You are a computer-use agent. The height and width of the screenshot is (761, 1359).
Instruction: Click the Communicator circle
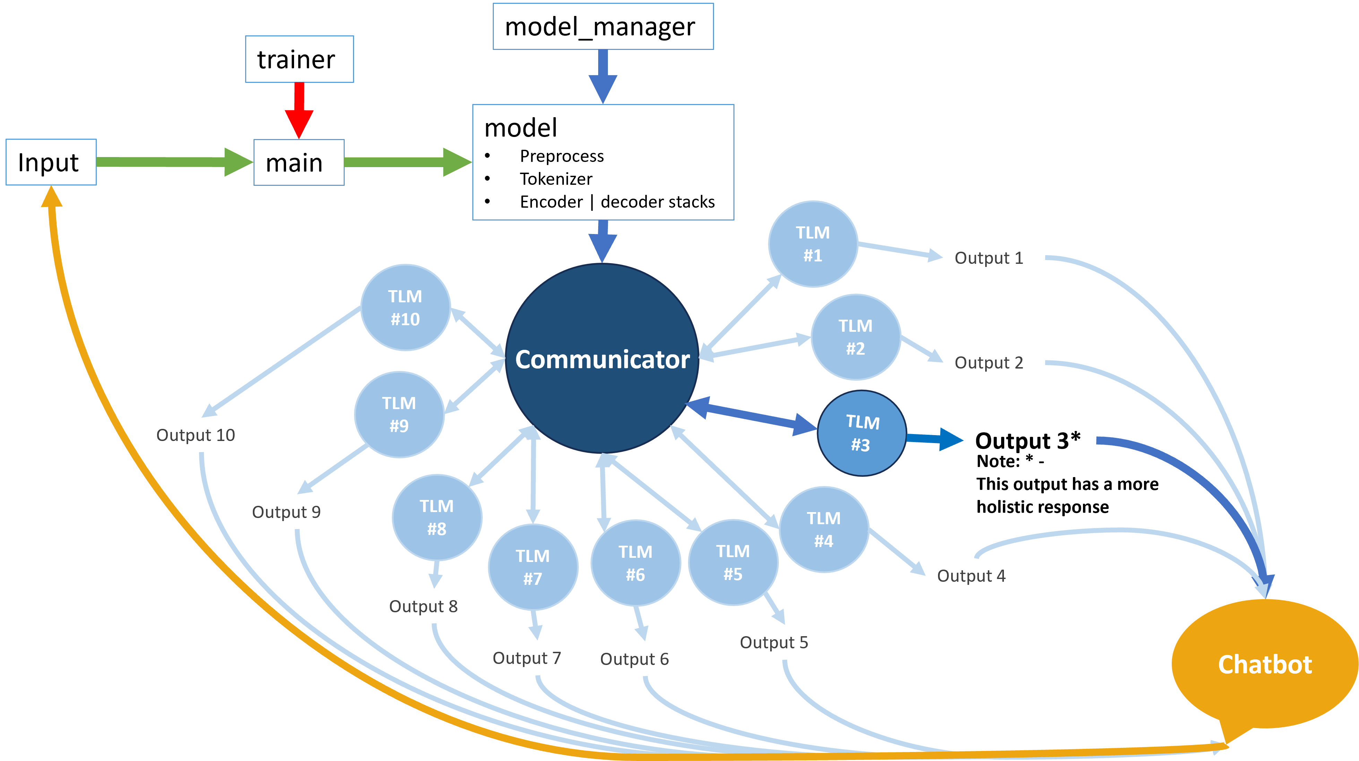click(x=602, y=358)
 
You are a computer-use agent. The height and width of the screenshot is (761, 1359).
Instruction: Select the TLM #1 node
click(x=812, y=244)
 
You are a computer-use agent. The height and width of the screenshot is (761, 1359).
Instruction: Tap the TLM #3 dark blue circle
click(x=861, y=433)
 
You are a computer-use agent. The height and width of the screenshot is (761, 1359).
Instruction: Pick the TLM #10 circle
click(x=405, y=308)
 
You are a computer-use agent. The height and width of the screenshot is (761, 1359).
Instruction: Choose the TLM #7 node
click(x=533, y=567)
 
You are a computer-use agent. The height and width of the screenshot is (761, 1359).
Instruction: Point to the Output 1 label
click(x=989, y=258)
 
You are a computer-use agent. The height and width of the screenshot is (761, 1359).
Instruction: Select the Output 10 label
click(x=196, y=435)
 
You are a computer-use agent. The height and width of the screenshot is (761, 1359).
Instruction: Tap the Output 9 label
click(x=286, y=512)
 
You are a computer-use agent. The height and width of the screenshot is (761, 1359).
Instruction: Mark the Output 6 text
click(x=635, y=659)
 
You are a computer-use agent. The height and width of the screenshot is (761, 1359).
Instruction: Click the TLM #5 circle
click(x=733, y=563)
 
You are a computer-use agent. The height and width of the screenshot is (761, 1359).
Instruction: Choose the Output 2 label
click(x=989, y=363)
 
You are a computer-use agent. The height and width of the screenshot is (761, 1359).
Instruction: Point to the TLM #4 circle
click(x=824, y=529)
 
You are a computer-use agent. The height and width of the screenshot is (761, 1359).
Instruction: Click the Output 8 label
click(x=423, y=606)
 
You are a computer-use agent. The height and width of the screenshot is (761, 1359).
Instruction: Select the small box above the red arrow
click(x=299, y=59)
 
